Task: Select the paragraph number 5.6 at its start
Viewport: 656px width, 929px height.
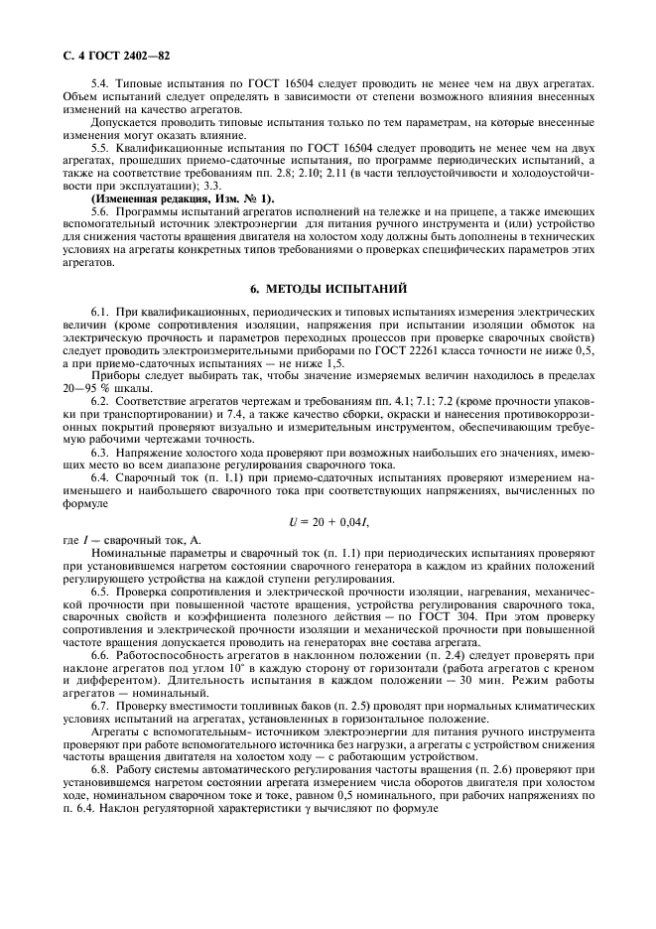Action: tap(100, 211)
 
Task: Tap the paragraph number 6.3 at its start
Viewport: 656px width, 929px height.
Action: tap(100, 451)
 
